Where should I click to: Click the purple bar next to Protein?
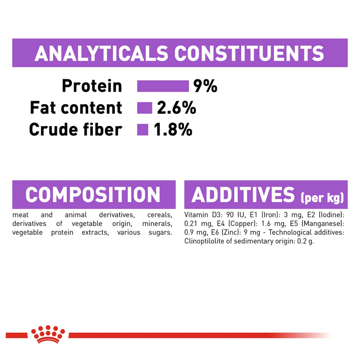[x=163, y=86]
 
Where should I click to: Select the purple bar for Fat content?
[x=145, y=108]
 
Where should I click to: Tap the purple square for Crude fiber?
[x=143, y=129]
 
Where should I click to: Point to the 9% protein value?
[x=205, y=86]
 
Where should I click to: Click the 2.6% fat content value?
[x=176, y=107]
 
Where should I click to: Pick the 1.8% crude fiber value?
[x=173, y=129]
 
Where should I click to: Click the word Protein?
[x=92, y=86]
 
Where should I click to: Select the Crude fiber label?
[x=76, y=129]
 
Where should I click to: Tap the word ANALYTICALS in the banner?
[x=101, y=53]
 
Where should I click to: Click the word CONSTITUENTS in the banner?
[x=249, y=53]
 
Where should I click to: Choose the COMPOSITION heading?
[x=93, y=194]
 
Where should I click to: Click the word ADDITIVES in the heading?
[x=243, y=194]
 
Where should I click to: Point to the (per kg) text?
[x=322, y=197]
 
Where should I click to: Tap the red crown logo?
[x=48, y=334]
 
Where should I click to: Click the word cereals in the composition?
[x=160, y=215]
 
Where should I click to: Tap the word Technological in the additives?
[x=290, y=232]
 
